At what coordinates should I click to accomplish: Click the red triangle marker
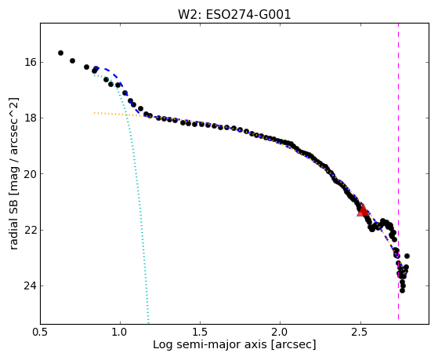point(363,211)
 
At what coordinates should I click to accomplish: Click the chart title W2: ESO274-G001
point(234,15)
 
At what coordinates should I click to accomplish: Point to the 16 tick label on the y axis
point(31,62)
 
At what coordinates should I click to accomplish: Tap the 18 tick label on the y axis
point(31,118)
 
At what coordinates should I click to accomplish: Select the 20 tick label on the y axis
point(31,174)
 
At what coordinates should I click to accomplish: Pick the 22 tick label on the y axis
point(31,230)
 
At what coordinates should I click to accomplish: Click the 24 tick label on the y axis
point(31,285)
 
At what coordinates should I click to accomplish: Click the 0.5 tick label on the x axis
point(41,332)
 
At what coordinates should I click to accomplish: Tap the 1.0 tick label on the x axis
point(120,332)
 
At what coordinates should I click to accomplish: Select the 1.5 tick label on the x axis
point(201,332)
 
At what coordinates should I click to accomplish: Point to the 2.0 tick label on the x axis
point(281,332)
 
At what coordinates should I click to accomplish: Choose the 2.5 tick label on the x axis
point(360,332)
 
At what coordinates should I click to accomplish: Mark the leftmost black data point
point(60,53)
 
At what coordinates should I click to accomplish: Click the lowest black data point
point(402,291)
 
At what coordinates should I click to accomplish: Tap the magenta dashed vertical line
point(398,171)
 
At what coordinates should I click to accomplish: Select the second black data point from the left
point(72,60)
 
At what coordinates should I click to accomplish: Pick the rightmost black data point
point(407,256)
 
